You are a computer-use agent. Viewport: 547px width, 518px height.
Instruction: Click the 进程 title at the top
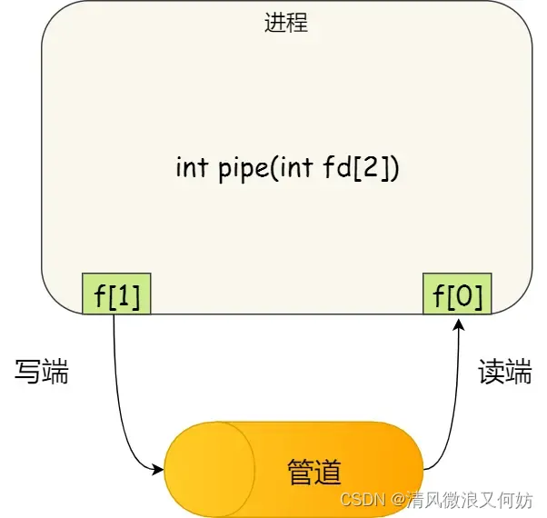(285, 23)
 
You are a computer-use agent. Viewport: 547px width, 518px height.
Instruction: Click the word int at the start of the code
(191, 169)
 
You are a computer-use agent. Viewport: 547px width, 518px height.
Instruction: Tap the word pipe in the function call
(238, 170)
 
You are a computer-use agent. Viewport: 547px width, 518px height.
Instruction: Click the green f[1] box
(116, 294)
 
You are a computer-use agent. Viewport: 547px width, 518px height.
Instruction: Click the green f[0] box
(457, 294)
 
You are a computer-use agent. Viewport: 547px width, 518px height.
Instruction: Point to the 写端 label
(43, 371)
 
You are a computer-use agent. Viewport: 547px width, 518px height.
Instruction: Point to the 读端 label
(504, 371)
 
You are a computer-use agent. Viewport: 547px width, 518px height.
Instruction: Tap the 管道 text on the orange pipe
(313, 472)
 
